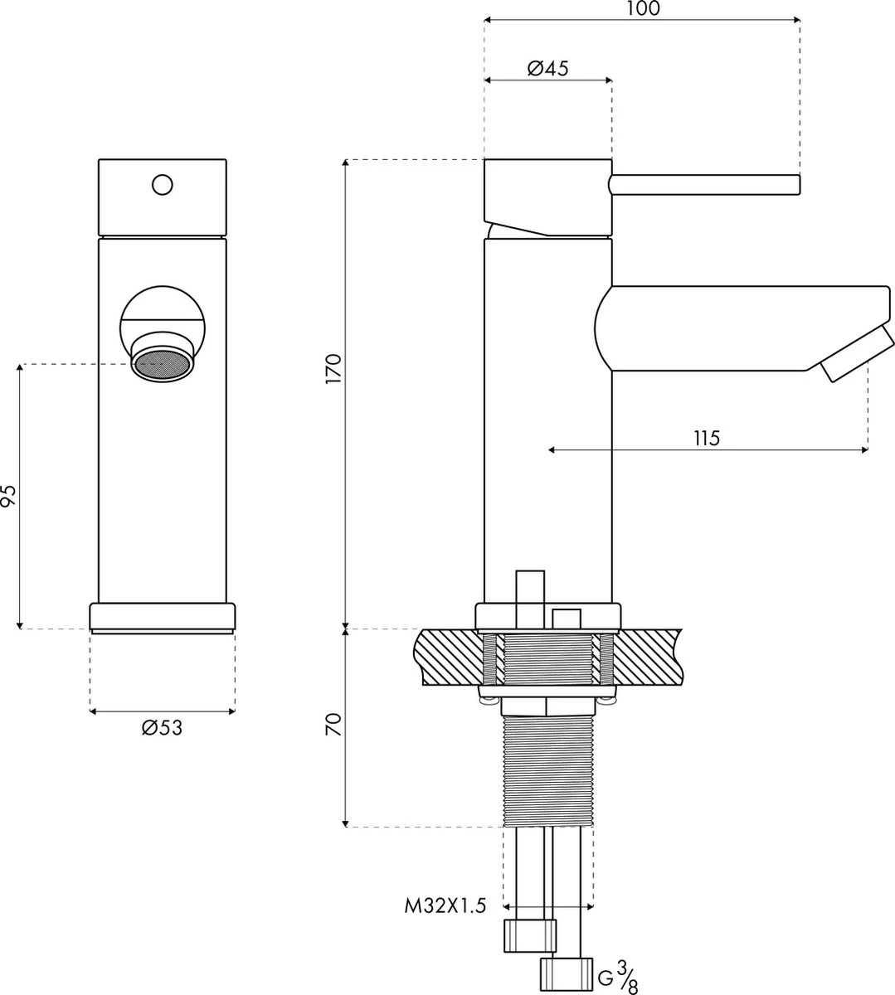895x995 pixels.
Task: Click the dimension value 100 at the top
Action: (643, 9)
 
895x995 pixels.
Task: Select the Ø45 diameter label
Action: (547, 69)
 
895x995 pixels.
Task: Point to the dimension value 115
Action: (707, 438)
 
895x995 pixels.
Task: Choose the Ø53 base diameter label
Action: (162, 728)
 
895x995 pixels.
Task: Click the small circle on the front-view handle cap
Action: (163, 183)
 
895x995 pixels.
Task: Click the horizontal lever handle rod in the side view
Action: (705, 184)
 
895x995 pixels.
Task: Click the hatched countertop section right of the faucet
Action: (647, 655)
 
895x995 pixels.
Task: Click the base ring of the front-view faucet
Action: (163, 617)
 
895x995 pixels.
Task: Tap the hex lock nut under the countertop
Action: (547, 705)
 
